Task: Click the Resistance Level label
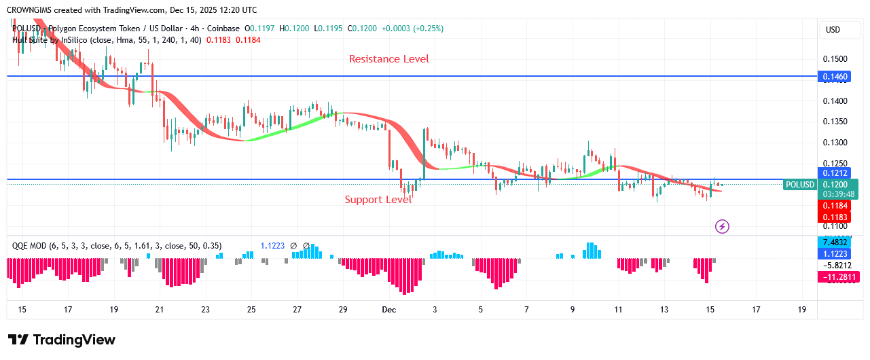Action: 388,59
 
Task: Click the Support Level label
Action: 378,200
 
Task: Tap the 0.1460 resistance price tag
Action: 835,77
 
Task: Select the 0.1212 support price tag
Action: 835,173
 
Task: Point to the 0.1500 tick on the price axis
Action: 835,59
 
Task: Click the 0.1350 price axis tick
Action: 835,122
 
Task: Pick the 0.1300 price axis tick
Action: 835,143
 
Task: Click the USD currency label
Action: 833,30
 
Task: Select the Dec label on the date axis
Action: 388,310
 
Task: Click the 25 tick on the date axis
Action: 251,310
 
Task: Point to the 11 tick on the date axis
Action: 618,310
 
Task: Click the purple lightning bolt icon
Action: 723,226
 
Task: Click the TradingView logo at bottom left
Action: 62,340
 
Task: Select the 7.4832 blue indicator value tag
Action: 835,242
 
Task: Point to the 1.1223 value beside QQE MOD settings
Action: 273,245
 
